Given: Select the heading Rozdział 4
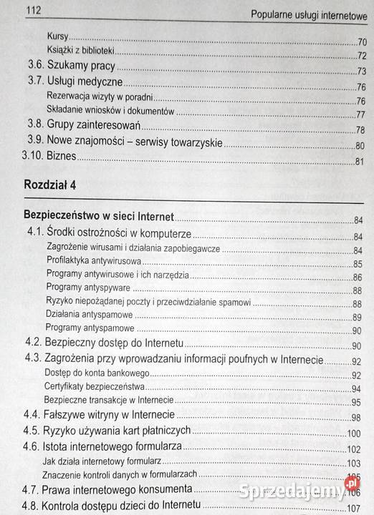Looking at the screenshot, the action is (50, 185).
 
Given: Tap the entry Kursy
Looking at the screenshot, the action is (57, 36).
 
